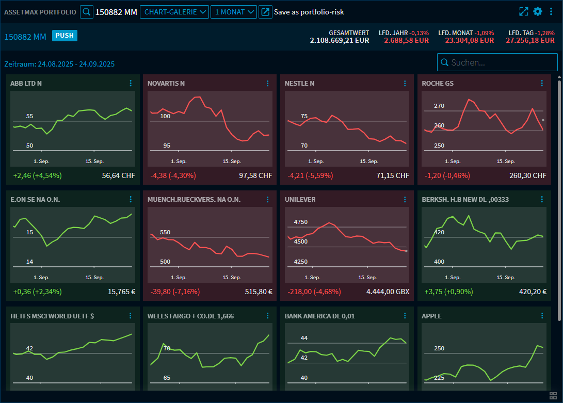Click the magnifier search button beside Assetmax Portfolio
tap(87, 12)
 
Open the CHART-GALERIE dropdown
tap(174, 12)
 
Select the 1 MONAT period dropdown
tap(233, 12)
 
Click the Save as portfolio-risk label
tap(309, 12)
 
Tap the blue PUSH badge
tap(65, 36)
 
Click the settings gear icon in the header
tap(538, 11)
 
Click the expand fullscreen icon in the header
tap(524, 11)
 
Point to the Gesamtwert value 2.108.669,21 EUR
tap(340, 40)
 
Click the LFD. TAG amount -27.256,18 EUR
tap(529, 40)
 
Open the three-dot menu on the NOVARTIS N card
tap(267, 83)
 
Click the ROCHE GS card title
tap(438, 83)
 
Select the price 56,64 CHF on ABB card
tap(118, 175)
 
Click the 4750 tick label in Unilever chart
tap(300, 222)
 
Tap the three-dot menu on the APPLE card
tap(542, 316)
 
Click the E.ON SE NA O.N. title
tap(35, 199)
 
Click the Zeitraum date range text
tap(59, 64)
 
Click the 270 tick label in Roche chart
tap(439, 106)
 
